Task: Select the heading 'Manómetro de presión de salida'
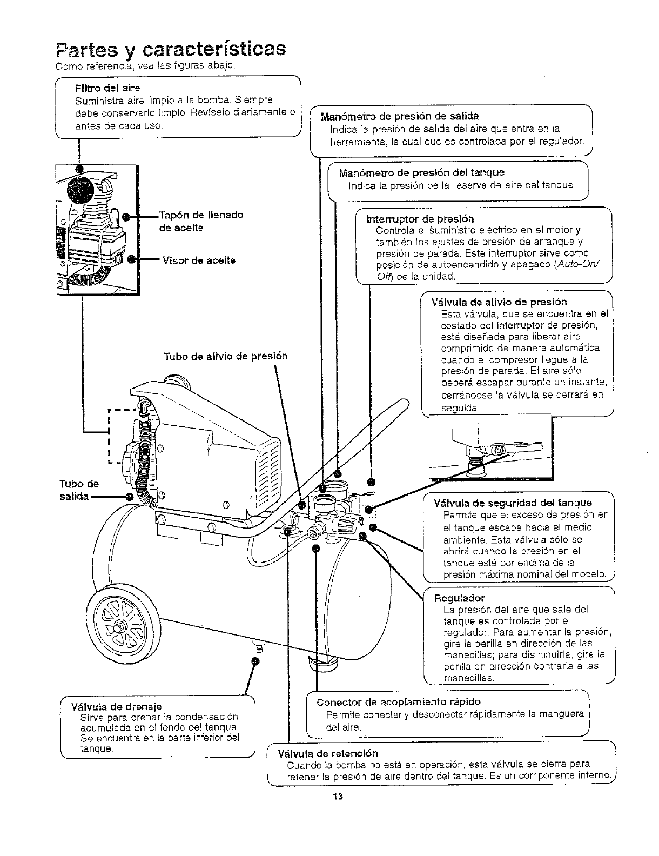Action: (400, 116)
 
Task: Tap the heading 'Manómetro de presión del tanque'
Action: (421, 173)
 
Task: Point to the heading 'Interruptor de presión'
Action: (420, 219)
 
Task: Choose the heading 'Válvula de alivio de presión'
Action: (499, 302)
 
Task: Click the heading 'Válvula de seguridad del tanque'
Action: (513, 503)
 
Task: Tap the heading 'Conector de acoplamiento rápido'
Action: (399, 702)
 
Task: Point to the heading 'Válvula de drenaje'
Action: (116, 706)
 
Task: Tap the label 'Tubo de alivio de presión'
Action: (226, 356)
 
